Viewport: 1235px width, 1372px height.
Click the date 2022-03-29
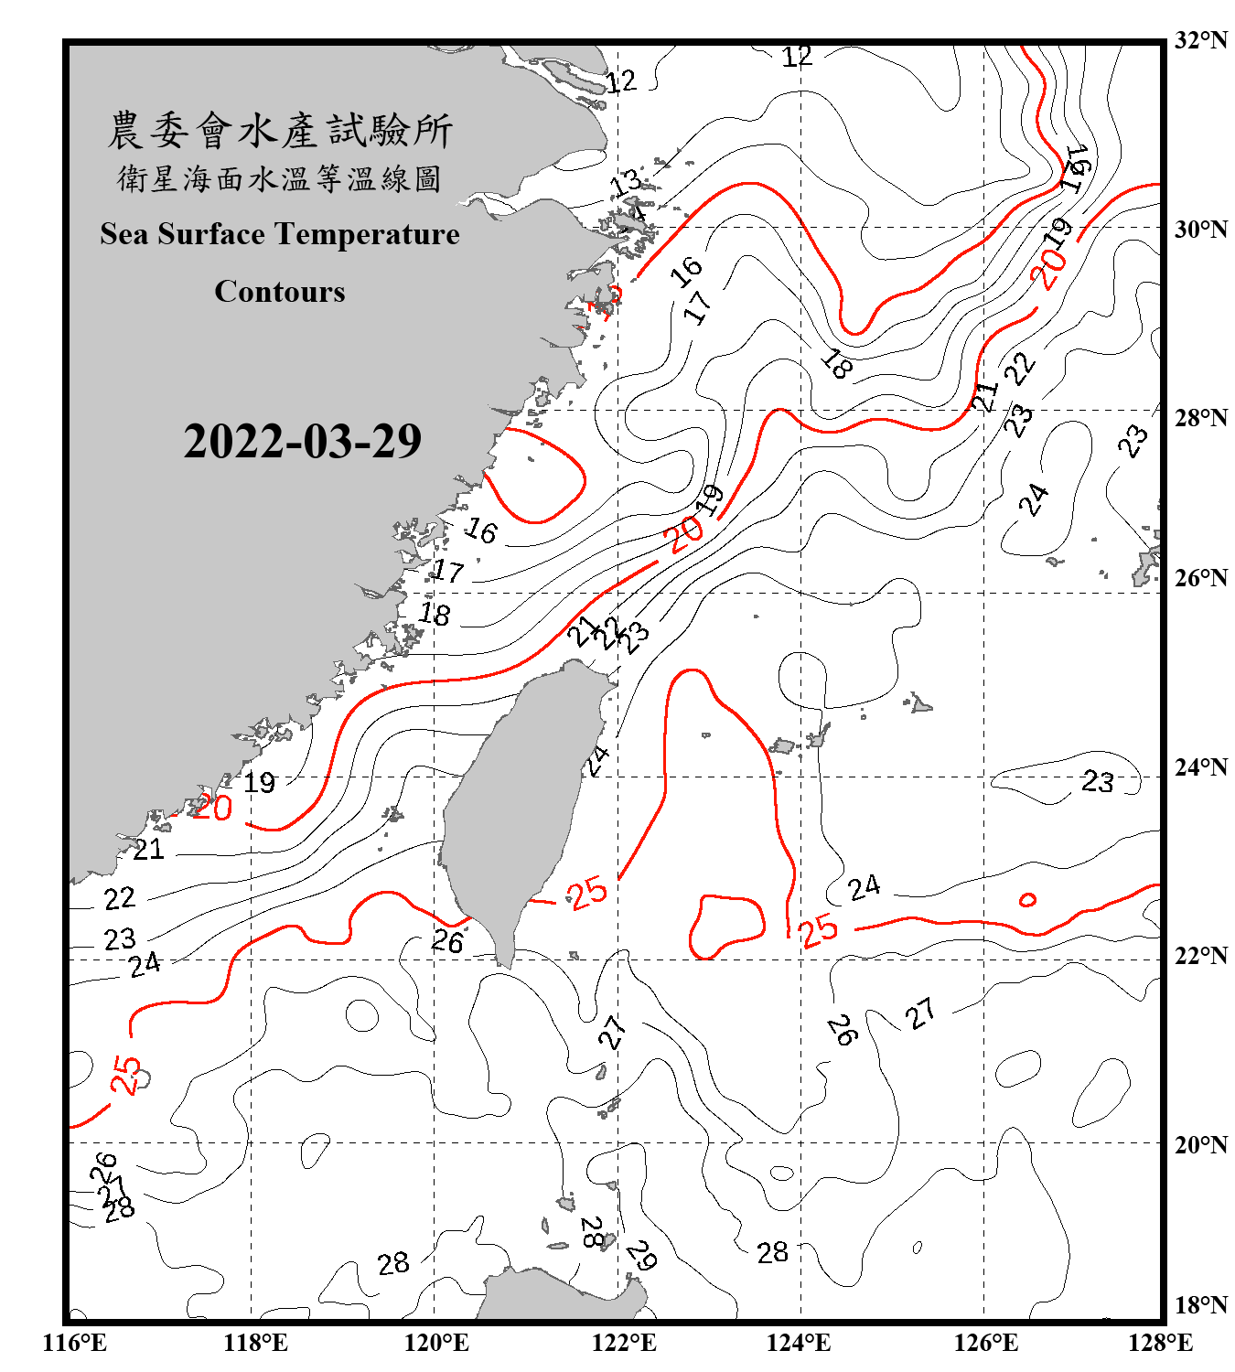302,441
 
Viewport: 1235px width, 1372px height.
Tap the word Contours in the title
280,291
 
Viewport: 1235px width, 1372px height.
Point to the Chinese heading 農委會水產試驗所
280,130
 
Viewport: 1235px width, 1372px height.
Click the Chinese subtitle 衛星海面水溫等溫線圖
280,178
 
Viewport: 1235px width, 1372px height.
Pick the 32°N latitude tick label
1200,39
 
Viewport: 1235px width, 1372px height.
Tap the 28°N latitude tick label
1200,417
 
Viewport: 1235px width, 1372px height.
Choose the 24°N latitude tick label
1200,766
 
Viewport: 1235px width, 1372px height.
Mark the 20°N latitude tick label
1200,1144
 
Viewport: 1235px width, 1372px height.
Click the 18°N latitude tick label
1200,1305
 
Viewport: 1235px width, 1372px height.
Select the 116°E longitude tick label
75,1343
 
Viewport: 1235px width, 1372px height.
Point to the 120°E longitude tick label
436,1343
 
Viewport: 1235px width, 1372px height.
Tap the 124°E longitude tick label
799,1343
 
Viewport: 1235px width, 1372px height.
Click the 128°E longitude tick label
1160,1343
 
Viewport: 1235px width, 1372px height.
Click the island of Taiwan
517,805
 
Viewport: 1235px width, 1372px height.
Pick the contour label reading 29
641,1255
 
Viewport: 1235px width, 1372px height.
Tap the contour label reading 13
627,183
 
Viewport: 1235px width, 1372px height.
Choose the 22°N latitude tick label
1200,955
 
